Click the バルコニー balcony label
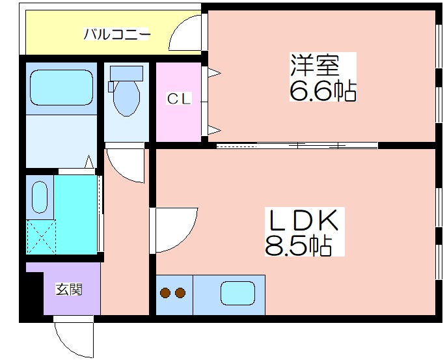click(x=116, y=35)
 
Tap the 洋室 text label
click(x=315, y=65)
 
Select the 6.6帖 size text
click(x=323, y=90)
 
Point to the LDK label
click(x=304, y=220)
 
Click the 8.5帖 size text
click(x=299, y=245)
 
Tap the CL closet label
click(x=179, y=99)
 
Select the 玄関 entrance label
click(x=69, y=289)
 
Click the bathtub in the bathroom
click(x=62, y=88)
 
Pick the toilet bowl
click(x=127, y=98)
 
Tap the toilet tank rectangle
click(x=127, y=74)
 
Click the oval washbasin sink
click(x=40, y=197)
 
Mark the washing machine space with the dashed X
click(x=42, y=236)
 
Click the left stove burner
click(x=165, y=293)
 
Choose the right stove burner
click(x=180, y=293)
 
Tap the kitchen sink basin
click(x=238, y=293)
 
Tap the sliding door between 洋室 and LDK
click(x=297, y=145)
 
